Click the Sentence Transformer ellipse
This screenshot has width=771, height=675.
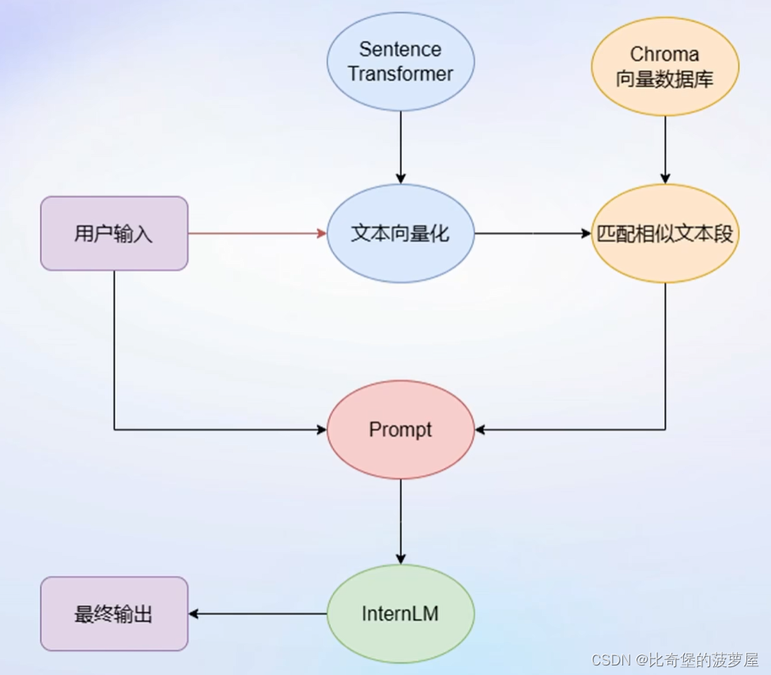pos(401,62)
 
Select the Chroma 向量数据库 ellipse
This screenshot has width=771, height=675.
pos(664,66)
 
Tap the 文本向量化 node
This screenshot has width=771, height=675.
pos(401,233)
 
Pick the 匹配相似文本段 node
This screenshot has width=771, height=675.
pos(664,233)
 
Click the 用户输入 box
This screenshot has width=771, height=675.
pos(114,233)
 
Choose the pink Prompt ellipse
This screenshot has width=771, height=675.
pos(401,430)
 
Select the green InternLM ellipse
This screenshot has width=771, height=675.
pos(401,614)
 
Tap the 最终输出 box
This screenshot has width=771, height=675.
pos(114,614)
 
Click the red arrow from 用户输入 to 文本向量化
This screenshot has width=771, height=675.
pos(257,233)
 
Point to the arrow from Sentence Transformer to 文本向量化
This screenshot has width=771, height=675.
pos(401,146)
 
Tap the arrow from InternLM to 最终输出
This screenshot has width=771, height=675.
pos(257,614)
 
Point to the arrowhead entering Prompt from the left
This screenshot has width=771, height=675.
pos(321,430)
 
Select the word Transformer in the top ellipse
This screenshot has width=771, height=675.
pos(401,74)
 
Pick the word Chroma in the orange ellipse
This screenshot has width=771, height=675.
pos(664,54)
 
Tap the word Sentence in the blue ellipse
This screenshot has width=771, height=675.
pos(400,49)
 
